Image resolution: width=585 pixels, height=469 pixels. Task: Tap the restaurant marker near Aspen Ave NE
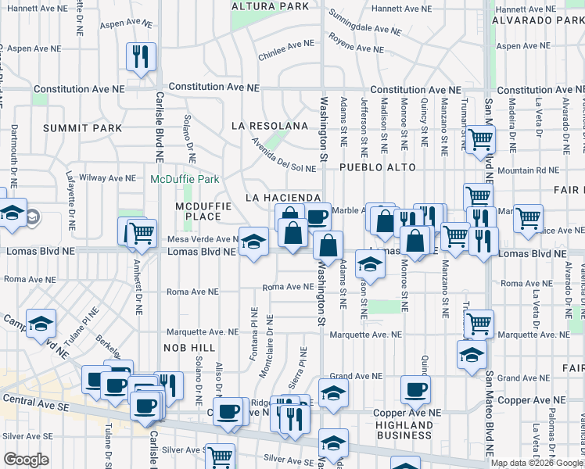142,56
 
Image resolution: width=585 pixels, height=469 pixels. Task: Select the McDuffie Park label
185,179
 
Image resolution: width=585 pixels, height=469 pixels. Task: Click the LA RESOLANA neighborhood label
269,126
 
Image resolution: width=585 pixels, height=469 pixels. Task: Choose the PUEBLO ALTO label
376,168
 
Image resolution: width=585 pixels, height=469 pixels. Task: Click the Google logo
26,460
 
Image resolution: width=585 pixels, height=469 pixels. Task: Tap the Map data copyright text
537,463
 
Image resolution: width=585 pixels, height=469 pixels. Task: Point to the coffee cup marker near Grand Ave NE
415,388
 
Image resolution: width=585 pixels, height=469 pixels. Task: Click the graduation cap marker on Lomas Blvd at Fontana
253,242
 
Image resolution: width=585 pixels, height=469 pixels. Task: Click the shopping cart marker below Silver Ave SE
221,456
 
